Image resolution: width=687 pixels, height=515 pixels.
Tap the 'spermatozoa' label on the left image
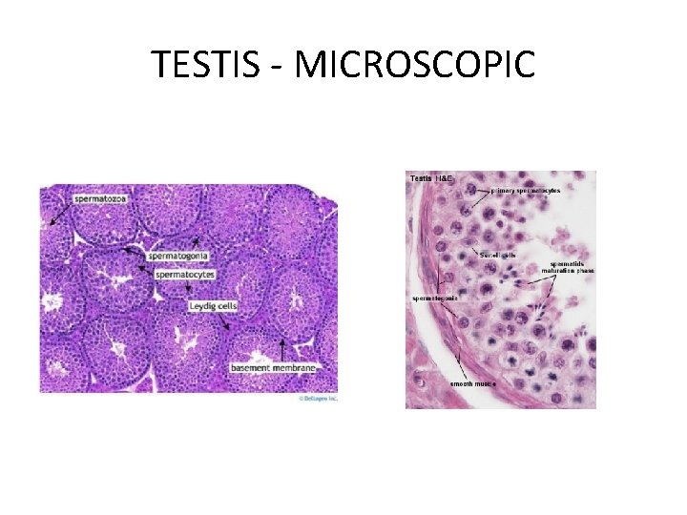click(x=100, y=198)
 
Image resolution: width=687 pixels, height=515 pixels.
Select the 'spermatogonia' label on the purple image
click(x=178, y=257)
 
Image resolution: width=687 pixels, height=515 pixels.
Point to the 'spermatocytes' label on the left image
click(x=185, y=275)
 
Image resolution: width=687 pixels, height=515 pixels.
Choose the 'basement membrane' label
click(x=273, y=367)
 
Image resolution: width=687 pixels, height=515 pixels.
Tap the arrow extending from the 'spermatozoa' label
click(x=58, y=214)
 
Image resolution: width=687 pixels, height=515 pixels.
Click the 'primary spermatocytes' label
click(x=527, y=191)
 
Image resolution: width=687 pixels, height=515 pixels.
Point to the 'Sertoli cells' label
click(x=497, y=255)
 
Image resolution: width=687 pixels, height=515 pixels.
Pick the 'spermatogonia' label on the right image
click(x=435, y=298)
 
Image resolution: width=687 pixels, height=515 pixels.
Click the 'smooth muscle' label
click(x=472, y=383)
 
